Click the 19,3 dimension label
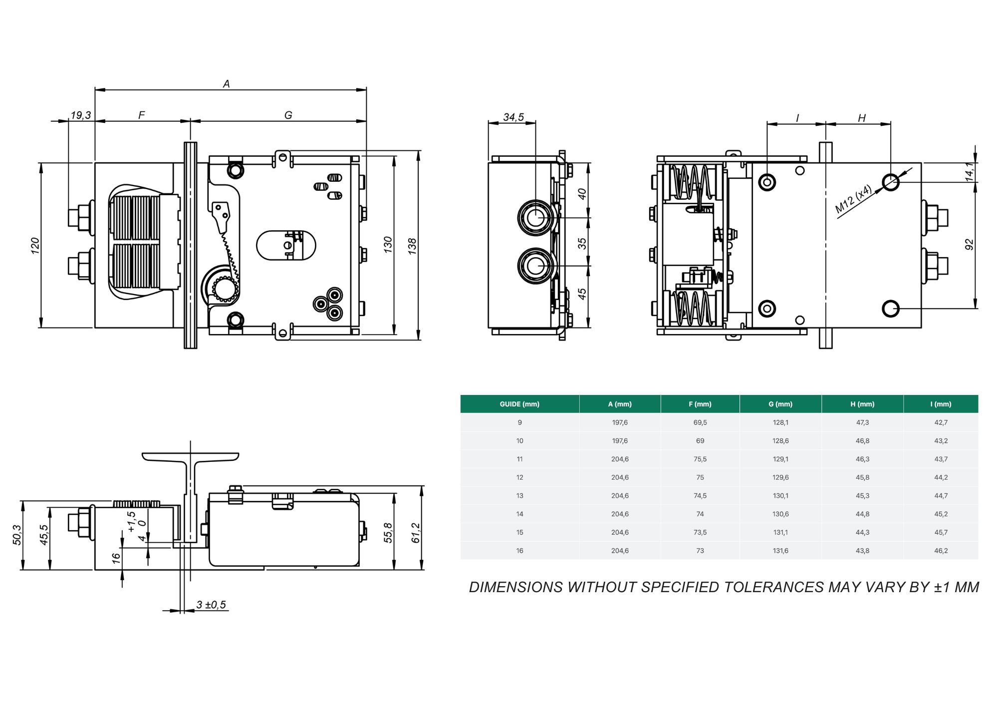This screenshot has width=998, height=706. click(81, 115)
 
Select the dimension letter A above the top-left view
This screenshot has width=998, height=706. click(227, 84)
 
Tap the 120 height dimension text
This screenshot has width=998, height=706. click(35, 246)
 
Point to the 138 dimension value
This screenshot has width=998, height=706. click(412, 246)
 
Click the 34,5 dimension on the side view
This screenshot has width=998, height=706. click(513, 117)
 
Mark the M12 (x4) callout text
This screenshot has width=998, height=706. click(854, 199)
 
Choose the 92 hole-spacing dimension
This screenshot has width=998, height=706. click(969, 245)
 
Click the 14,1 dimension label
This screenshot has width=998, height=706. click(969, 171)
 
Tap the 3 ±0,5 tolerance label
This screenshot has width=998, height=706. click(211, 605)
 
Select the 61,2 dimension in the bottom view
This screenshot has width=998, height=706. click(415, 533)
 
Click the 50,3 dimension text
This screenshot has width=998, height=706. click(17, 535)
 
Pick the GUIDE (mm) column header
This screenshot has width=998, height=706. click(519, 404)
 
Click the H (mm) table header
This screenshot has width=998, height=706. click(862, 404)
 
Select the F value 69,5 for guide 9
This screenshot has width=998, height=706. click(700, 422)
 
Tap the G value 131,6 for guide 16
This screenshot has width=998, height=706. click(781, 551)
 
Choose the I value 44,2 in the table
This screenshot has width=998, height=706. click(941, 477)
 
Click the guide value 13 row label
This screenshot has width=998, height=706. click(519, 496)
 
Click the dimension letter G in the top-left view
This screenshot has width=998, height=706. click(288, 115)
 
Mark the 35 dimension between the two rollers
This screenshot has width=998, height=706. click(582, 243)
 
